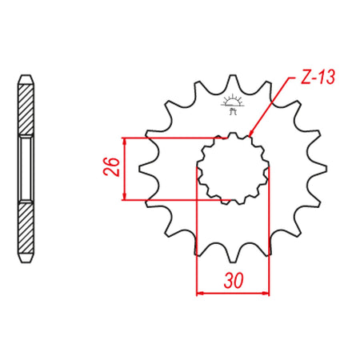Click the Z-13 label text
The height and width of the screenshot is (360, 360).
click(318, 78)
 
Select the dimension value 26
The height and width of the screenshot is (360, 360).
click(111, 167)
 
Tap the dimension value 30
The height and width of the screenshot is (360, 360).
click(234, 281)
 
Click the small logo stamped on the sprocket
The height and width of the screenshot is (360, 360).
click(233, 104)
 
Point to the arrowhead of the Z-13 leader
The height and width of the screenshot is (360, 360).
click(251, 134)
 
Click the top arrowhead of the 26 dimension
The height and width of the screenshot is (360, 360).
click(124, 142)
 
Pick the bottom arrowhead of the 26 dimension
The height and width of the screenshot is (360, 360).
click(124, 196)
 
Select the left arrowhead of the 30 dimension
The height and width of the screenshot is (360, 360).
click(200, 293)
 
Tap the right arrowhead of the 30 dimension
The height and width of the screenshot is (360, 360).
click(266, 293)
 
